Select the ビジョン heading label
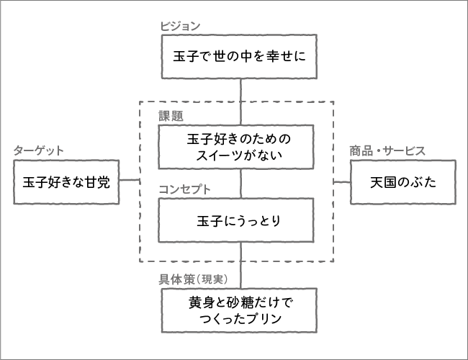tap(180, 26)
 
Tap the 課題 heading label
tap(171, 114)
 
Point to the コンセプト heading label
tap(185, 189)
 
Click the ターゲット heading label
tap(39, 150)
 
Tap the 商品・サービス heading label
tap(387, 150)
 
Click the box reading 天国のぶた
tap(403, 182)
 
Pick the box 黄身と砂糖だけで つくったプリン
tap(240, 310)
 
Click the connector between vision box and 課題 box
tap(240, 103)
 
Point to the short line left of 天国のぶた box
tap(341, 179)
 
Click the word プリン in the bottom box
tap(275, 318)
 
